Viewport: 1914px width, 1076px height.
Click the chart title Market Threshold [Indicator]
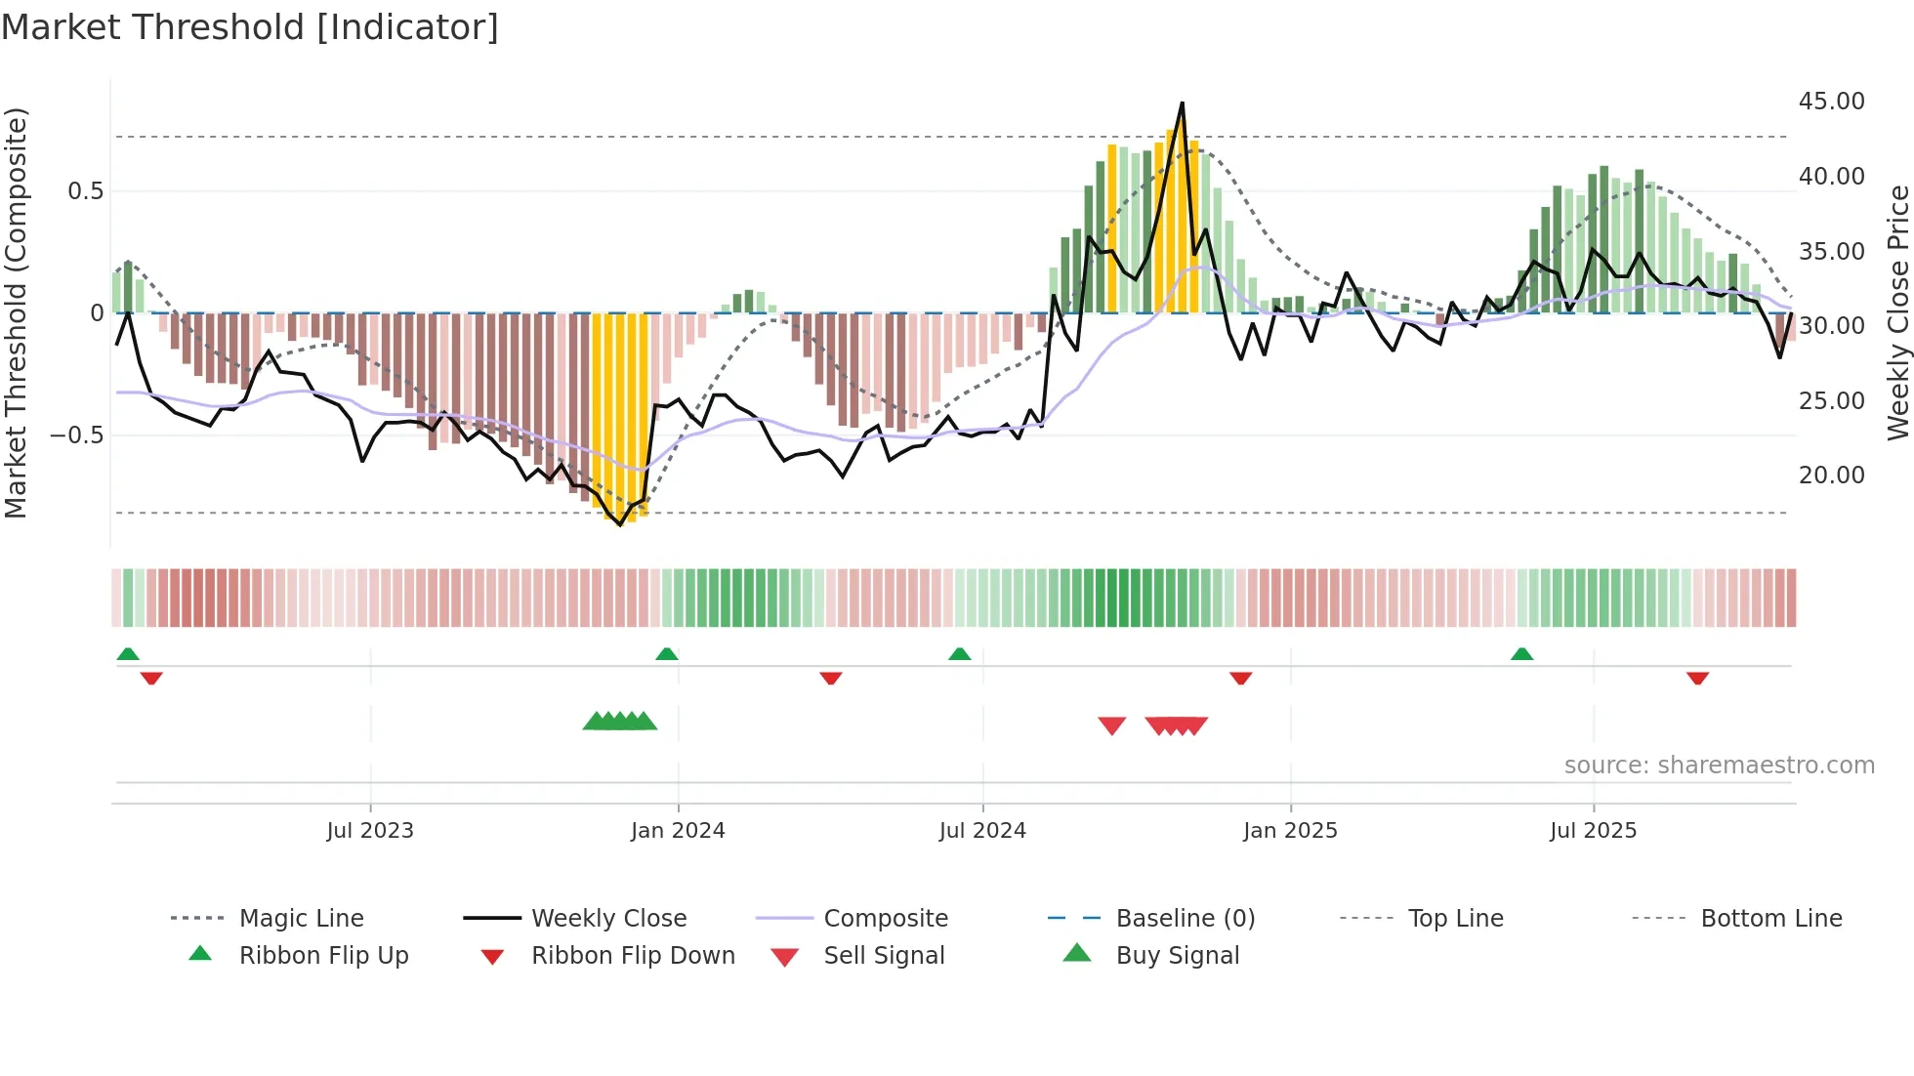(x=250, y=27)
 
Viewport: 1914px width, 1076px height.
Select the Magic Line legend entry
(x=301, y=919)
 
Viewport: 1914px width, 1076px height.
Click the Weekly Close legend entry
(x=608, y=919)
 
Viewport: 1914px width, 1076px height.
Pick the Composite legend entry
(x=885, y=919)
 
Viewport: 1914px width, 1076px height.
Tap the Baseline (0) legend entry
(x=1185, y=919)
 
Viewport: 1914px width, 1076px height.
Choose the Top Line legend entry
(x=1455, y=919)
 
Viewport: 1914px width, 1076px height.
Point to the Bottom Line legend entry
(x=1770, y=919)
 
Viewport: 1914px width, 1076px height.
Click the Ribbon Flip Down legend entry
(x=632, y=956)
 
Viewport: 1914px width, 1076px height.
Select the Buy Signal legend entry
(x=1177, y=956)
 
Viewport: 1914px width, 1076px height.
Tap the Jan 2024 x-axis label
(x=678, y=831)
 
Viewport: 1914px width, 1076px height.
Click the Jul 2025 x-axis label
(x=1593, y=831)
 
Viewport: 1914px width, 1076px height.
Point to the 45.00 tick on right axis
(x=1831, y=102)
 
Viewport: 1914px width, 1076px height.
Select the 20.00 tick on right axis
(x=1831, y=476)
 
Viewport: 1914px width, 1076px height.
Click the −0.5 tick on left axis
(x=76, y=435)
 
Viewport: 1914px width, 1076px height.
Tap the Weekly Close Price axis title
(x=1897, y=312)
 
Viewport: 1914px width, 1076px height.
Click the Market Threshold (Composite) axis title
(x=16, y=312)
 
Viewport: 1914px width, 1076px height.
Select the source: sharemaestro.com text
(x=1719, y=766)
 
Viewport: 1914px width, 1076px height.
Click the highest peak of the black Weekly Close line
(x=1182, y=103)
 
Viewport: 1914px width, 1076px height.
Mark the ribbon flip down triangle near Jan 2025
(x=1240, y=678)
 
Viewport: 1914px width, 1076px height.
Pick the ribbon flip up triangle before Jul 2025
(x=1521, y=654)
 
